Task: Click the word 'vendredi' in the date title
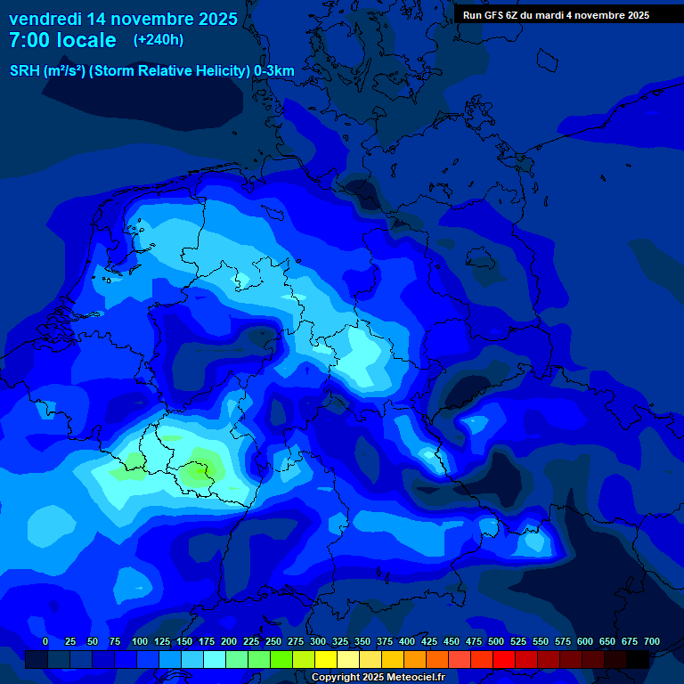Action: coord(45,19)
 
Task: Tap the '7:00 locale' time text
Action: coord(62,40)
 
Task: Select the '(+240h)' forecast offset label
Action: coord(159,40)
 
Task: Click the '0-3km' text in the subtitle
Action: coord(274,70)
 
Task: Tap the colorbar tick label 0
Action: coord(45,641)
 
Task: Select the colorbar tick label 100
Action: coord(140,641)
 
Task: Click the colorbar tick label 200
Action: coord(229,641)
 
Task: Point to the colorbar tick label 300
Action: coord(318,641)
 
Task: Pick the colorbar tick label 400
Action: coord(407,641)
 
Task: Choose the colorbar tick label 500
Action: coord(496,641)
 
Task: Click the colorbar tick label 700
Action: coord(652,641)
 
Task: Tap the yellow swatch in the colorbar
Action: coord(326,659)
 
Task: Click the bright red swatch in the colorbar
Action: coord(504,659)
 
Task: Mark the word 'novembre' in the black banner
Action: coord(588,15)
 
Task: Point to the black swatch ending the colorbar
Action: coord(638,659)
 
